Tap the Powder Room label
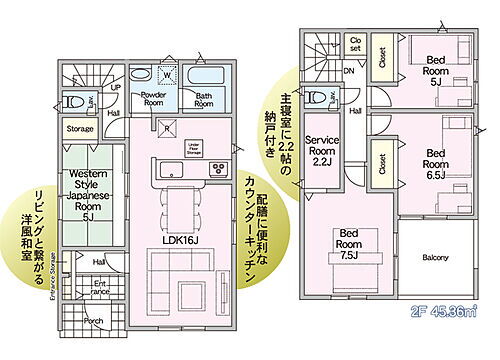point(153,98)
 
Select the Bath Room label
point(203,99)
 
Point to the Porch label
point(93,320)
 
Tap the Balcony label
point(434,257)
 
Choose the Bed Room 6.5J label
point(435,159)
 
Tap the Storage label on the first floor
point(80,129)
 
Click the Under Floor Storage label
point(196,148)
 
